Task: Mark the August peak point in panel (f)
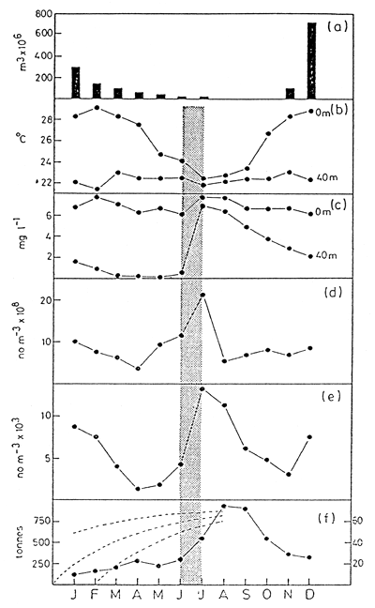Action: point(224,506)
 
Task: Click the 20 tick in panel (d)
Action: point(42,298)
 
